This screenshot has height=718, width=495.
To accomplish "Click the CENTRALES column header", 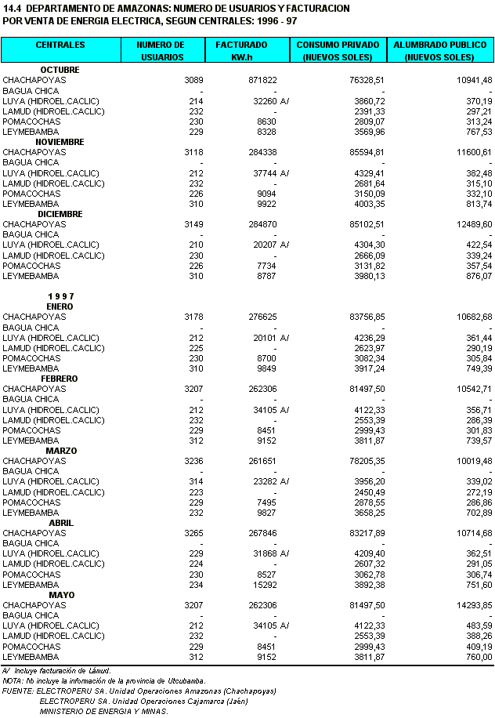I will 60,45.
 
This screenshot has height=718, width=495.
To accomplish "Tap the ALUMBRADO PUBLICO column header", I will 440,51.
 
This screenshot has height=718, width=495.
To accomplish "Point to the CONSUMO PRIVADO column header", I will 339,51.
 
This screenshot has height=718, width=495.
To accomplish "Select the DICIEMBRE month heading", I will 60,214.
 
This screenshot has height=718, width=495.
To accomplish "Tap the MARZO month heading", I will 60,451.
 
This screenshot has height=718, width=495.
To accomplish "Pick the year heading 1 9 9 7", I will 60,296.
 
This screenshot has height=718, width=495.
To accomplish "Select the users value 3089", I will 193,80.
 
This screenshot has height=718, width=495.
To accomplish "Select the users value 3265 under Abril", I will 193,533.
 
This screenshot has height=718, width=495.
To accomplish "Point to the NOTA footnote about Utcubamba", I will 103,680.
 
